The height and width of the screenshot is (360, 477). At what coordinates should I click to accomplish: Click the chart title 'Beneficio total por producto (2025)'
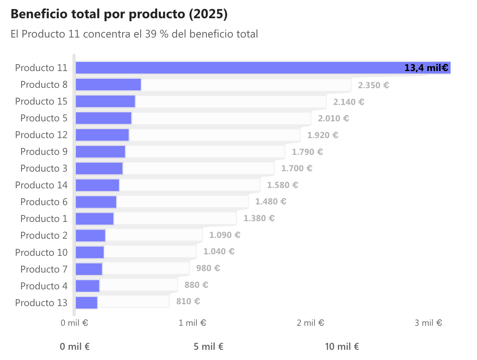coord(119,14)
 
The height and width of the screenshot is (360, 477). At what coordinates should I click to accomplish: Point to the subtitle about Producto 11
coord(134,34)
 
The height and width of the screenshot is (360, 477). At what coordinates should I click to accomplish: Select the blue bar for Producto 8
coord(108,85)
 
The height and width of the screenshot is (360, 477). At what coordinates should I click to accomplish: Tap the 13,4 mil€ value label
coord(426,68)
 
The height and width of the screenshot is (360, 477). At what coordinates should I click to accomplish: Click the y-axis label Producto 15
coord(41,101)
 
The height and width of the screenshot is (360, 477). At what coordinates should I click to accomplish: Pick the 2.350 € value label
coord(373,85)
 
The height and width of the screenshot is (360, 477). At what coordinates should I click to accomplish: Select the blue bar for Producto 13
coord(86,302)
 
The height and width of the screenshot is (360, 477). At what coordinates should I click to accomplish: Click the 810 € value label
coord(188,301)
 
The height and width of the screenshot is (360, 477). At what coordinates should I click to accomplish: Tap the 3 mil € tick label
coord(428,323)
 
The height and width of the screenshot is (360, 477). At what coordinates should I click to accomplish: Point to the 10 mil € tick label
coord(342,347)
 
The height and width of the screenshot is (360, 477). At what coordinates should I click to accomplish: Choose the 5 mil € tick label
coord(208,347)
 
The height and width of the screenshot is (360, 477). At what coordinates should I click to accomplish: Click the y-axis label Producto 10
coord(41,252)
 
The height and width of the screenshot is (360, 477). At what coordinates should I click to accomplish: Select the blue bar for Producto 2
coord(90,235)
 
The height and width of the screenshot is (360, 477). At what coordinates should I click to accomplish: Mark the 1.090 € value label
coord(225,235)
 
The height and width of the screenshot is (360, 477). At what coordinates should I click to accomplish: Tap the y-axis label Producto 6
coord(44,202)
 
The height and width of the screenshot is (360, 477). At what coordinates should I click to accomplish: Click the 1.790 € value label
coord(307,152)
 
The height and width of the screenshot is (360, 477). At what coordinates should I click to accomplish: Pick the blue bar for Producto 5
coord(103,118)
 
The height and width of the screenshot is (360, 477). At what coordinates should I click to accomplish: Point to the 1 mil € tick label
coord(192,323)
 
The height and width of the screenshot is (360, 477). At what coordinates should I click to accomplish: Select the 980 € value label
coord(208,268)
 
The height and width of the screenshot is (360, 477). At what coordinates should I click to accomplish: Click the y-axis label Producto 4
coord(44,286)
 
